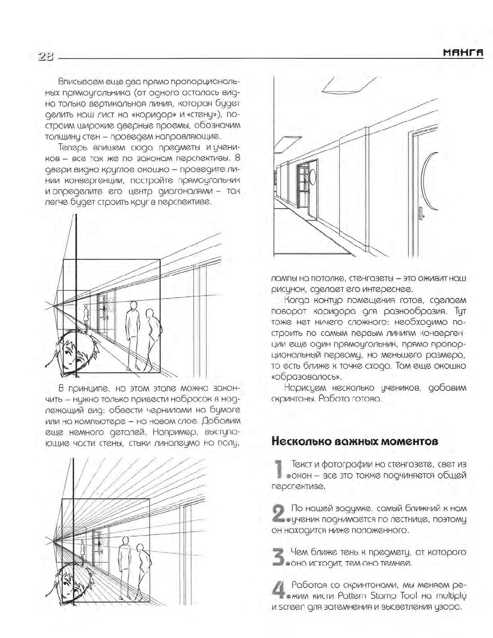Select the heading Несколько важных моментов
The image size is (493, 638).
(355, 441)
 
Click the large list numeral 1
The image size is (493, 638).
(278, 470)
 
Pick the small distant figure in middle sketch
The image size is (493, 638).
(86, 313)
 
